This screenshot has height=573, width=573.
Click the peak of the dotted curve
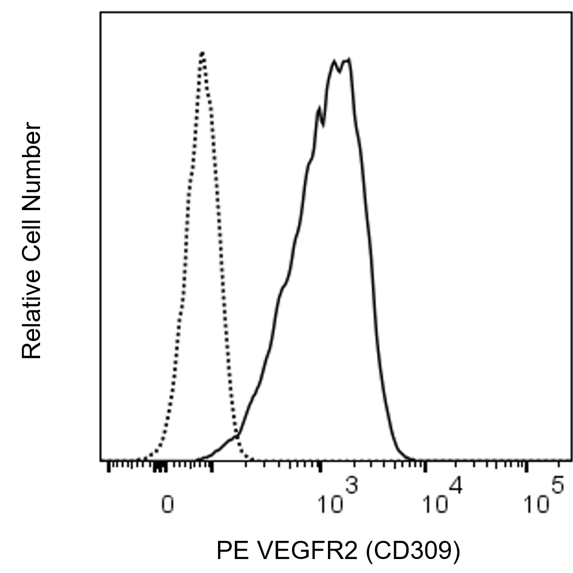pos(203,53)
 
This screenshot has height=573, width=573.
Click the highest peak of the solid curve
pos(348,60)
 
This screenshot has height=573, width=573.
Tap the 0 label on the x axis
pos(167,505)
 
